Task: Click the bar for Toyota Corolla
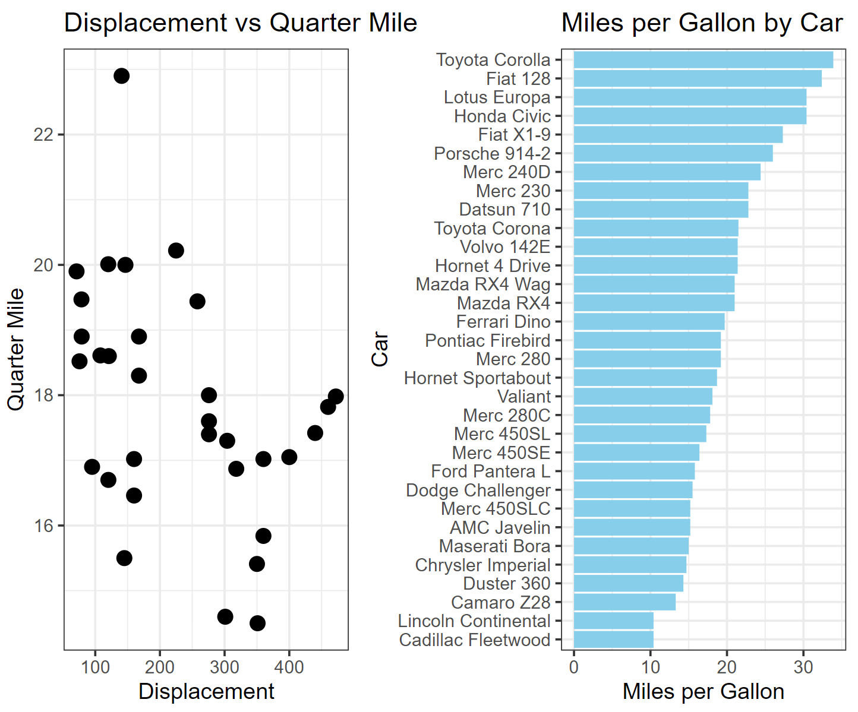pyautogui.click(x=703, y=60)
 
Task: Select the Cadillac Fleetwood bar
pyautogui.click(x=613, y=640)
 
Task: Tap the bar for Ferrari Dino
pyautogui.click(x=649, y=322)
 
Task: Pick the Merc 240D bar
pyautogui.click(x=667, y=172)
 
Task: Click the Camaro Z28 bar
pyautogui.click(x=624, y=603)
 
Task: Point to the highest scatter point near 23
pyautogui.click(x=121, y=76)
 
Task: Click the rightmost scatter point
pyautogui.click(x=336, y=396)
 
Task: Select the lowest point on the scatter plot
pyautogui.click(x=257, y=623)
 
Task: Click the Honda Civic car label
pyautogui.click(x=502, y=116)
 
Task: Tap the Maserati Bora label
pyautogui.click(x=494, y=546)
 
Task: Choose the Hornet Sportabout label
pyautogui.click(x=477, y=378)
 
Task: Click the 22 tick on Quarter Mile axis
pyautogui.click(x=43, y=135)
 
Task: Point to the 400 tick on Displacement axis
pyautogui.click(x=289, y=667)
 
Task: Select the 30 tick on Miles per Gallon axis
pyautogui.click(x=803, y=667)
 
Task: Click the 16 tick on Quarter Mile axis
pyautogui.click(x=43, y=526)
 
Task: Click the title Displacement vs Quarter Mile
pyautogui.click(x=240, y=24)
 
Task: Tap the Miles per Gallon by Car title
pyautogui.click(x=702, y=24)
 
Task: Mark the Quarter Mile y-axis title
pyautogui.click(x=16, y=349)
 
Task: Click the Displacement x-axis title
pyautogui.click(x=206, y=692)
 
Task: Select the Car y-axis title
pyautogui.click(x=380, y=349)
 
